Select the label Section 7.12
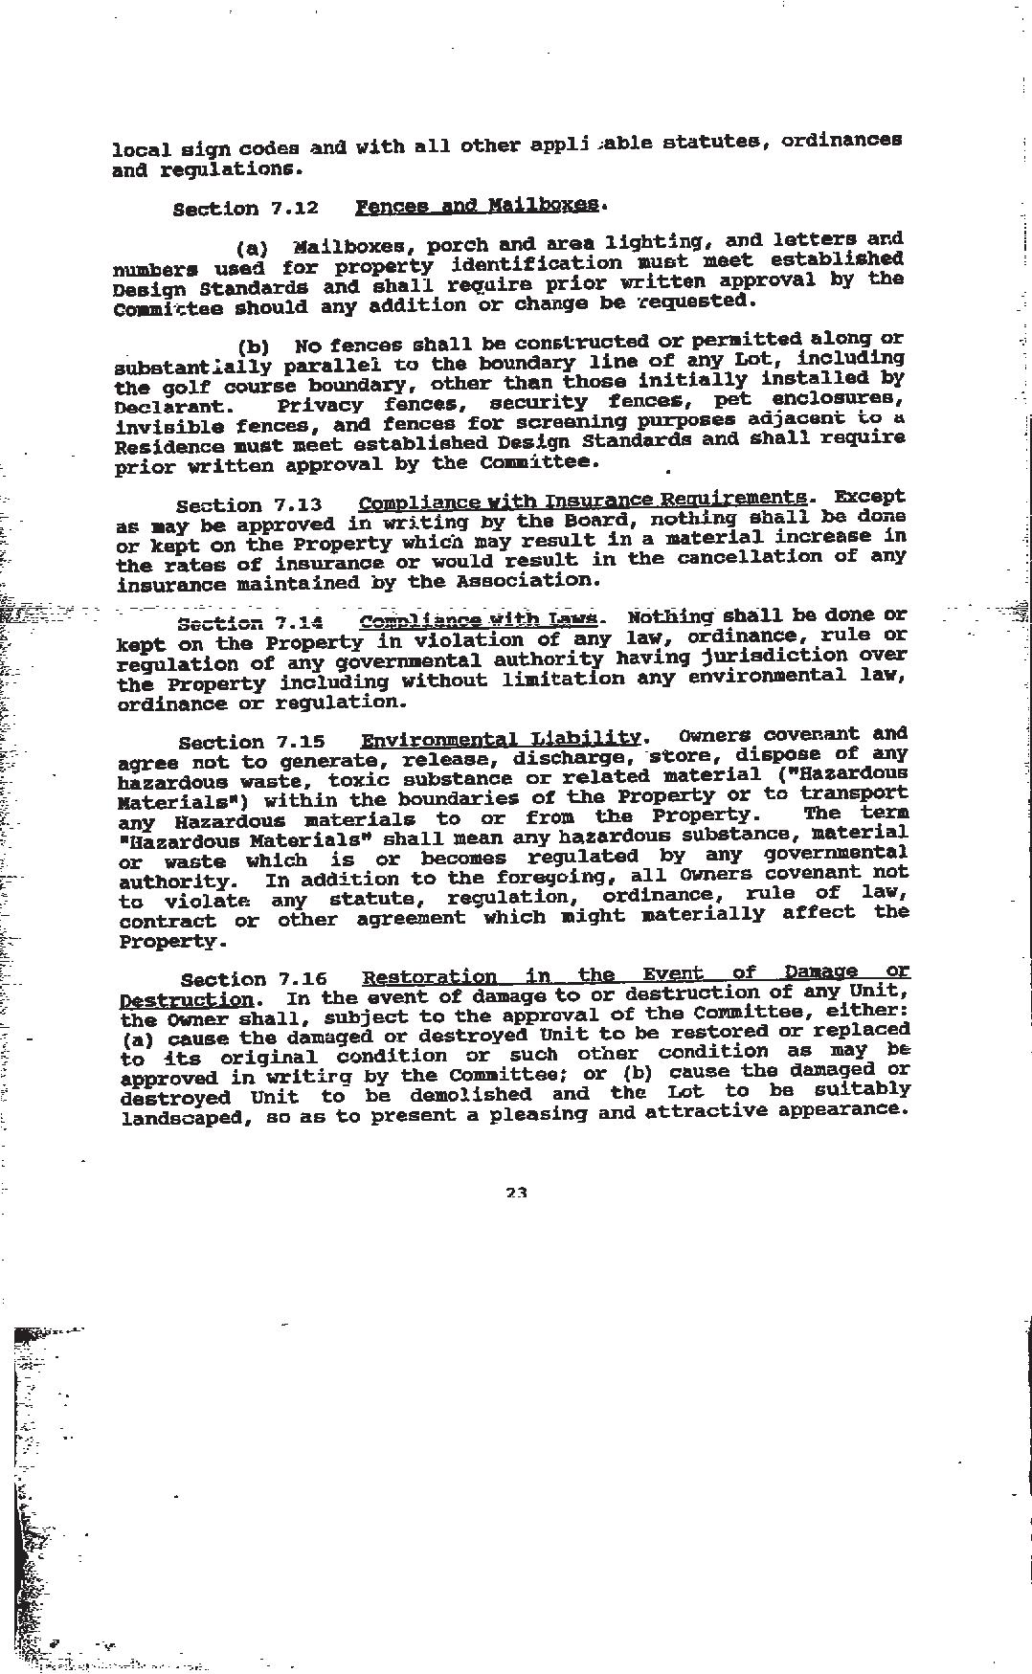245,209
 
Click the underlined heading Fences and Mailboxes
478,206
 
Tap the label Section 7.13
249,504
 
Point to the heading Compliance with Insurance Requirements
582,500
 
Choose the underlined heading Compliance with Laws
479,619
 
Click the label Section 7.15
252,742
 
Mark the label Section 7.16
254,979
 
